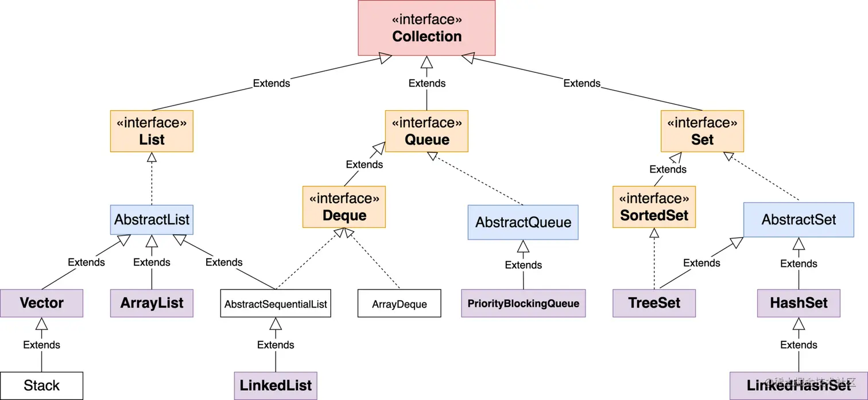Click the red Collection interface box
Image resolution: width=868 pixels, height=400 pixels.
(427, 28)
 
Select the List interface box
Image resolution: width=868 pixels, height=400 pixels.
(152, 131)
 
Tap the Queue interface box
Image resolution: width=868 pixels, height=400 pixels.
(427, 131)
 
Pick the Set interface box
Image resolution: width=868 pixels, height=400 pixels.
(702, 131)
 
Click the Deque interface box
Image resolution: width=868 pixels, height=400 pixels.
(344, 207)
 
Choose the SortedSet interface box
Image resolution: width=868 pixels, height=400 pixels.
(654, 207)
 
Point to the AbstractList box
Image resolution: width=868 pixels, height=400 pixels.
(152, 220)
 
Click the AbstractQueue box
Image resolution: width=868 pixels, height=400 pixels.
(523, 222)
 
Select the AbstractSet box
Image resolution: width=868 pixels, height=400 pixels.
(799, 220)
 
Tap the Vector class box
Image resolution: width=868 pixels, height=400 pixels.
(41, 303)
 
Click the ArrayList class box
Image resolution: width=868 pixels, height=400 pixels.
(152, 303)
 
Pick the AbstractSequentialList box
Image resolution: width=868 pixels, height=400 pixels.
(276, 303)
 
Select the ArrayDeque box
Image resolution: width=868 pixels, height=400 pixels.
(399, 303)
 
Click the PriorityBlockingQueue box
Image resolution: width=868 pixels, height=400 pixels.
(523, 303)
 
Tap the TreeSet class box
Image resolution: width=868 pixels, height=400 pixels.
(654, 303)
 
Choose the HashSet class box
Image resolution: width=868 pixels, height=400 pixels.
(799, 303)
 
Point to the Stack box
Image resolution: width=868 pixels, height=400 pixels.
(41, 386)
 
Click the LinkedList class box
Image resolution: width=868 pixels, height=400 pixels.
(276, 386)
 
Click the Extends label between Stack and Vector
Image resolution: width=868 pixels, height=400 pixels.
(41, 345)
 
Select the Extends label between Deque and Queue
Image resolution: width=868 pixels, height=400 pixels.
(364, 165)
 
